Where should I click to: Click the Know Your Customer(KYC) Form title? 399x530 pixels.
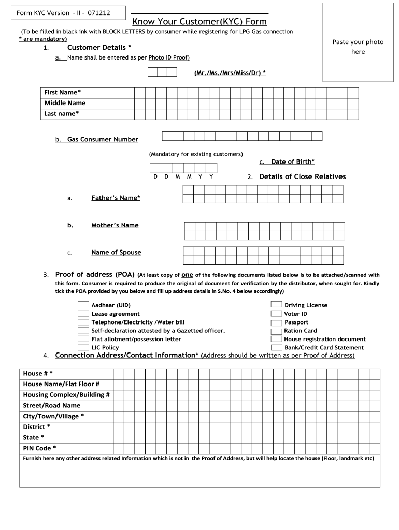tap(199, 22)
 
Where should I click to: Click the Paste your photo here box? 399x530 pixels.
tap(358, 42)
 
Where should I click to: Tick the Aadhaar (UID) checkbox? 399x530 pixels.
tap(83, 305)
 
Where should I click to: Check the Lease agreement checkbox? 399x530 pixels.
tap(83, 313)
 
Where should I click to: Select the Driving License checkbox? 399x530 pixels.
tap(277, 305)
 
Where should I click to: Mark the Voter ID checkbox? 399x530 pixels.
tap(277, 313)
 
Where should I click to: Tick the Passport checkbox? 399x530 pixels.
tap(277, 322)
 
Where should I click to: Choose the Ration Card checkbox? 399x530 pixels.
tap(277, 330)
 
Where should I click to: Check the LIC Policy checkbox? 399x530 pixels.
tap(83, 347)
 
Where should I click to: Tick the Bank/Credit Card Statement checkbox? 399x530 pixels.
tap(277, 347)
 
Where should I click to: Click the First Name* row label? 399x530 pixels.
tap(62, 92)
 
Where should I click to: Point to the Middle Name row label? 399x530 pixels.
tap(65, 103)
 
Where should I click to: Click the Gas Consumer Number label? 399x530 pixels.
tap(103, 139)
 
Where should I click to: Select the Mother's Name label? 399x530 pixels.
tap(115, 225)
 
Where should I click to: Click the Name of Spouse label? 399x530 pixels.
tap(116, 253)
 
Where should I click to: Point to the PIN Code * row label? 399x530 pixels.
tap(40, 448)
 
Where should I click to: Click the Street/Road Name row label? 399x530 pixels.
tap(52, 406)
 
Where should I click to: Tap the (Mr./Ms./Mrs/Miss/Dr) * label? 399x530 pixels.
tap(230, 73)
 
